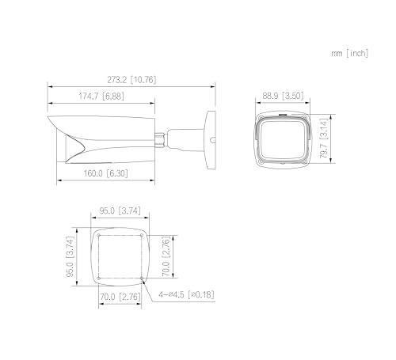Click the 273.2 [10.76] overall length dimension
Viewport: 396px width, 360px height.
point(131,80)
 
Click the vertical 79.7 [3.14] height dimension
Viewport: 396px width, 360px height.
point(325,141)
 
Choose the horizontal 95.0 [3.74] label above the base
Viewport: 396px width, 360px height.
point(120,211)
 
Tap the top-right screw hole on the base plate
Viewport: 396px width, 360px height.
point(143,236)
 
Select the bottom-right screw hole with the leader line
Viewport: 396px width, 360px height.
point(143,279)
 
